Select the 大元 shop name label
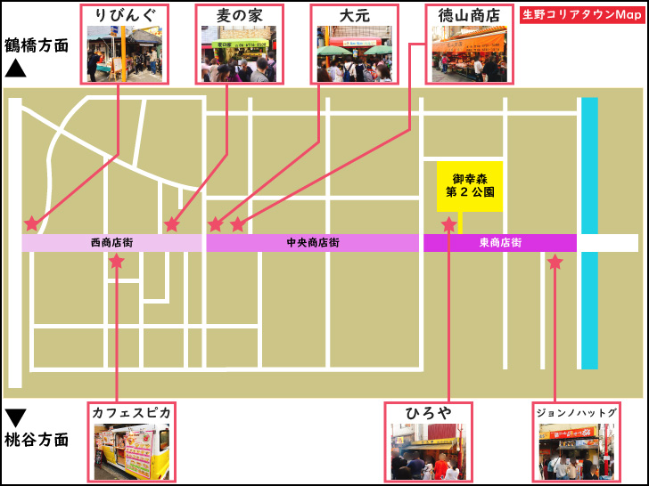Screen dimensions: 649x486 click(x=353, y=15)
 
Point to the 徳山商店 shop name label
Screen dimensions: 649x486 click(x=469, y=15)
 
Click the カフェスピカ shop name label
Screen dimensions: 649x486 click(x=130, y=413)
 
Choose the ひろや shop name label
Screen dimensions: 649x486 click(x=428, y=413)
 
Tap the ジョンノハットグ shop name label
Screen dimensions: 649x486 click(x=576, y=413)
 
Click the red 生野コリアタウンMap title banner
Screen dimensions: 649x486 click(x=582, y=15)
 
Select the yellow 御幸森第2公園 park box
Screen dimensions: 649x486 click(x=469, y=185)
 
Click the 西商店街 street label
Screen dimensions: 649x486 click(x=111, y=243)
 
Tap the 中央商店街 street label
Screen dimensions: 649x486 click(x=312, y=243)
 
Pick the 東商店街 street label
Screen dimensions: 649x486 click(x=499, y=243)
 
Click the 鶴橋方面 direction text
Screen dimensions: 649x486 click(x=36, y=45)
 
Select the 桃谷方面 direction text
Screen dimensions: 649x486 click(x=36, y=439)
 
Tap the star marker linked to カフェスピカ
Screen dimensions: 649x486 click(x=117, y=262)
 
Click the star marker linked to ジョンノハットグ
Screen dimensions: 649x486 click(x=555, y=263)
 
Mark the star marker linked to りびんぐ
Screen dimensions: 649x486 click(x=32, y=223)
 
